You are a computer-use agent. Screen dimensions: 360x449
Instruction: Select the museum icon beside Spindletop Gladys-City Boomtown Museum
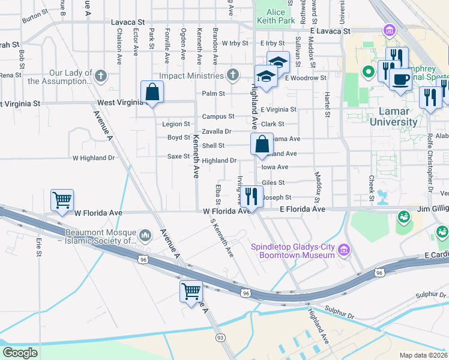[344, 249]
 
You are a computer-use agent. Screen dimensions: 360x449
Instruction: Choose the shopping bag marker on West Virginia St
[152, 92]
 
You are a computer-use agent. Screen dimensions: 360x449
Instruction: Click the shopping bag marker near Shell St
[262, 145]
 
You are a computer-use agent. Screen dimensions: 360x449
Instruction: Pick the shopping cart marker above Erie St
[62, 200]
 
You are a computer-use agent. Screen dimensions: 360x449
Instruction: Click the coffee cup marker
[400, 79]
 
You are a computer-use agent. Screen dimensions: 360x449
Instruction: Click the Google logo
[20, 353]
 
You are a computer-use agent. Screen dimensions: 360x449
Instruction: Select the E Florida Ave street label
[303, 209]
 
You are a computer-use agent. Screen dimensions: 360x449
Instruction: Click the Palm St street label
[213, 94]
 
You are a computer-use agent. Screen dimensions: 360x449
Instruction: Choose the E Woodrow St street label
[306, 78]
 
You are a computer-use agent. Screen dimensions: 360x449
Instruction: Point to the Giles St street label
[273, 182]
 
